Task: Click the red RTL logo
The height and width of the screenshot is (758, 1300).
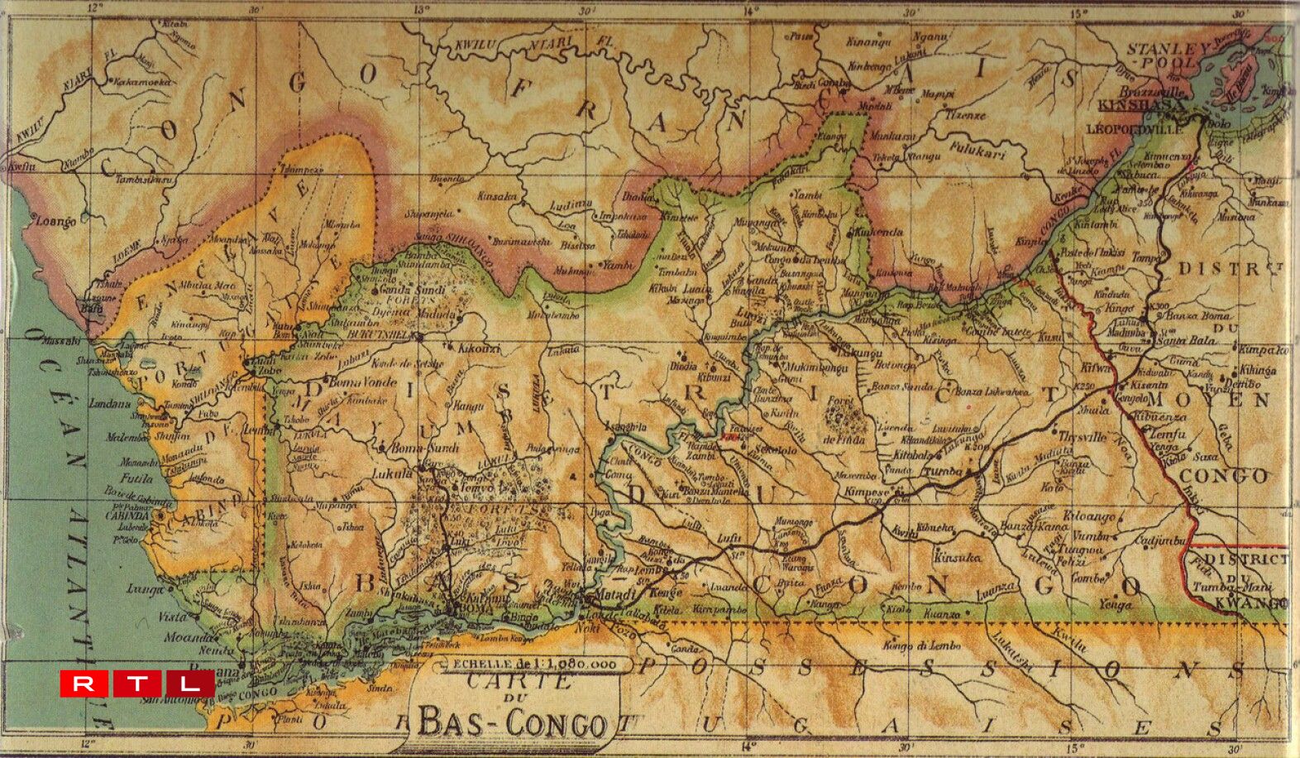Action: [137, 684]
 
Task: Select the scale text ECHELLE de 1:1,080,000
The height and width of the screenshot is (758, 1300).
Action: [530, 664]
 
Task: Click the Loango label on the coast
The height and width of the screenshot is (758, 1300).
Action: [56, 222]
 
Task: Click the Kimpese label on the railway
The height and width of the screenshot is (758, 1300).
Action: [867, 492]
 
